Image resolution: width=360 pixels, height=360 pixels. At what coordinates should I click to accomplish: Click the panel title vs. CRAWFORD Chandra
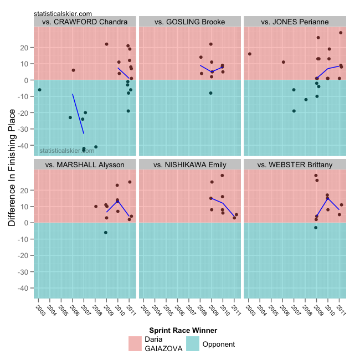coord(86,22)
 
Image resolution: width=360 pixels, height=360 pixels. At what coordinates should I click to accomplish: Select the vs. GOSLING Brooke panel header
coord(190,22)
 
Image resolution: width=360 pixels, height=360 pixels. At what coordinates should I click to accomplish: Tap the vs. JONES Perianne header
coord(295,22)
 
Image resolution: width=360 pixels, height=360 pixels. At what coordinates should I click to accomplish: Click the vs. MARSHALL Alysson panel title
coord(86,164)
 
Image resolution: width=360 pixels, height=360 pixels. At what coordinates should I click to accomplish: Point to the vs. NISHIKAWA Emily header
coord(190,164)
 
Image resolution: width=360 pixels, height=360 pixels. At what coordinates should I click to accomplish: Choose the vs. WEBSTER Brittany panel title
coord(295,164)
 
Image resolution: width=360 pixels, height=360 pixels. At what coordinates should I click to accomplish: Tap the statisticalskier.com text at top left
coord(63,13)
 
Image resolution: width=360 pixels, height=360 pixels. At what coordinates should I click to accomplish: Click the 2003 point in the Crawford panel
coord(39,90)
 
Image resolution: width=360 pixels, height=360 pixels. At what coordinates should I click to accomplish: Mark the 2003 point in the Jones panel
coord(249,54)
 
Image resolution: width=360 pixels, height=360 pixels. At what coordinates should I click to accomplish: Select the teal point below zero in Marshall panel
coord(106,233)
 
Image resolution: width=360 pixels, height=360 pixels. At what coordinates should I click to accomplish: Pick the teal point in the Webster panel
coord(316,228)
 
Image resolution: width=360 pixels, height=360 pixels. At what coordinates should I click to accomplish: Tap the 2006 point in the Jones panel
coord(284,62)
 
